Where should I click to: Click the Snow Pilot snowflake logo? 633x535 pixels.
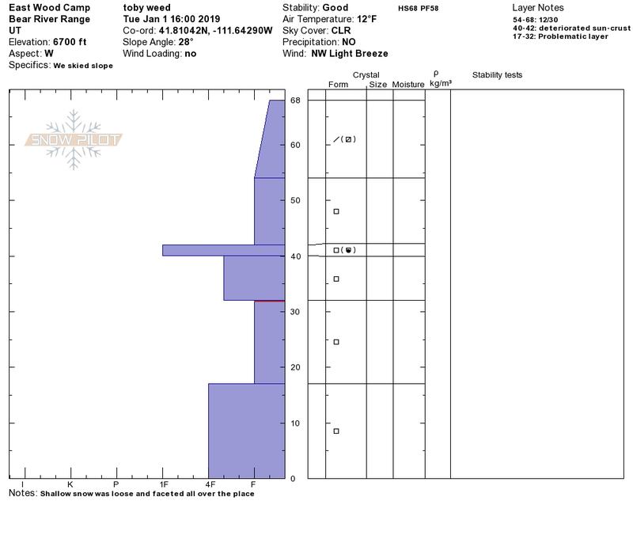(x=73, y=140)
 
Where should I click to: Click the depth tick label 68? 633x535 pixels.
(x=295, y=101)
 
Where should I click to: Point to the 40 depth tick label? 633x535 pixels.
(x=295, y=256)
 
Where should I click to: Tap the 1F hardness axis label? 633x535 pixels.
(x=163, y=484)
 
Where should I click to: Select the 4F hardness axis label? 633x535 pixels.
(x=210, y=484)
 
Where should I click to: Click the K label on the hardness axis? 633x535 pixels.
(x=70, y=484)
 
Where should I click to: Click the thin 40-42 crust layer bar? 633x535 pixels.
(x=224, y=250)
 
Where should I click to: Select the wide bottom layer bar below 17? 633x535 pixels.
(x=247, y=431)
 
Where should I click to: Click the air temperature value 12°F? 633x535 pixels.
(x=366, y=19)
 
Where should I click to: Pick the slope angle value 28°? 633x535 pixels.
(x=186, y=42)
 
